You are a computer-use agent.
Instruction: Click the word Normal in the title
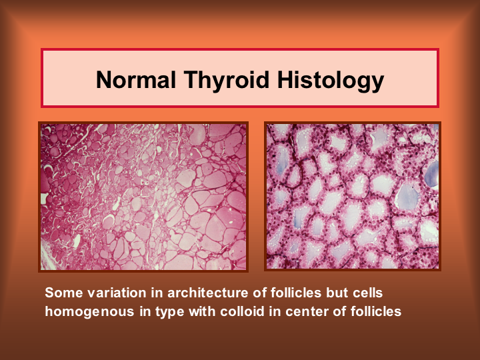[x=136, y=79]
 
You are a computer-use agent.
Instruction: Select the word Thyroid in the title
[x=227, y=80]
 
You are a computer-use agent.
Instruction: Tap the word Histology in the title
[x=331, y=80]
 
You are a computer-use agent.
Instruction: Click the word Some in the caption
[x=64, y=293]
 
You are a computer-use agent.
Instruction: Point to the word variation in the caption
[x=117, y=293]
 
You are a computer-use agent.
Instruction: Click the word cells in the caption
[x=367, y=293]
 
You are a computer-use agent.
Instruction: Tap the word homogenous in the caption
[x=90, y=312]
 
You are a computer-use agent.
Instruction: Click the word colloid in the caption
[x=242, y=311]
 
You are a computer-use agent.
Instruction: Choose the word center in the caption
[x=307, y=311]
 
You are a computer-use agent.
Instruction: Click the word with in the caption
[x=202, y=311]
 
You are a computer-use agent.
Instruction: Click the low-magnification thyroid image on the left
[x=143, y=197]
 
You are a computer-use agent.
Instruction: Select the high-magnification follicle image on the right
[x=353, y=196]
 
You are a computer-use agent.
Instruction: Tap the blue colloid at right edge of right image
[x=432, y=175]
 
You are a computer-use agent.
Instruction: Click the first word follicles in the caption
[x=296, y=293]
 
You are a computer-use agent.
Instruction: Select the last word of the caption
[x=376, y=311]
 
